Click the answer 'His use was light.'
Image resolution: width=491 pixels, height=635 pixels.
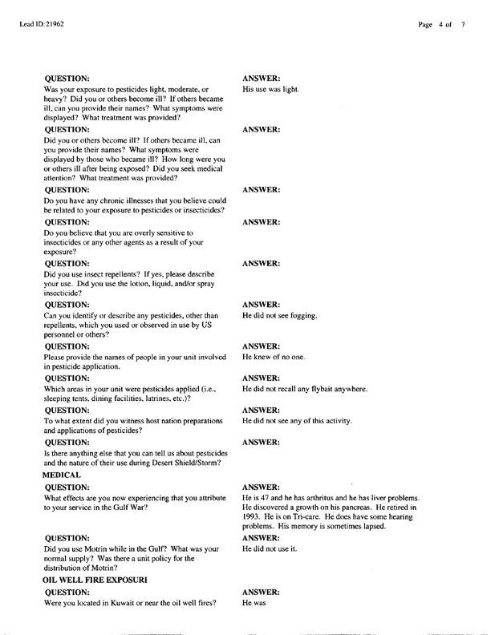click(x=270, y=89)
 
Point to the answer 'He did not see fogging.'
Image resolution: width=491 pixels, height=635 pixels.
click(x=280, y=315)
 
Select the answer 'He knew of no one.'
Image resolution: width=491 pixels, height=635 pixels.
click(x=272, y=357)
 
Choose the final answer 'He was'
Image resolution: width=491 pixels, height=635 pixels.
click(x=254, y=602)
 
